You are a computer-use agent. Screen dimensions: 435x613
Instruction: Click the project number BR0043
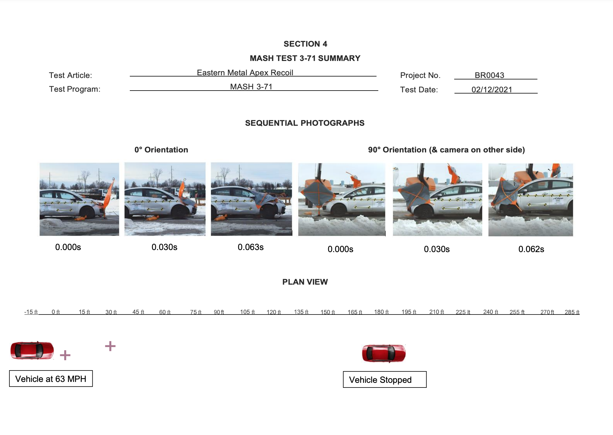click(489, 75)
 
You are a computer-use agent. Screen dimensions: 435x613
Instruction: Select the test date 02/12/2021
click(491, 90)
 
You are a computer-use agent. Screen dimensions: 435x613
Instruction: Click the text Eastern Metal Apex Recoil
click(245, 73)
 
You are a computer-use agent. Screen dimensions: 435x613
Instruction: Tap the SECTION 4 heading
click(305, 44)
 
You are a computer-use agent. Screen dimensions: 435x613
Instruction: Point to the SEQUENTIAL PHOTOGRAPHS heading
click(304, 123)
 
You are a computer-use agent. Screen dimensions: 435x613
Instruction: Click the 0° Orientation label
click(161, 150)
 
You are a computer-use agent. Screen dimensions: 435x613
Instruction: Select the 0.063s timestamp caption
click(251, 247)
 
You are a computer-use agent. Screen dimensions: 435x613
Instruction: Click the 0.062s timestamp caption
click(531, 249)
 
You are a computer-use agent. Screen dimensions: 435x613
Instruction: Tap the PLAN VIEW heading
click(305, 282)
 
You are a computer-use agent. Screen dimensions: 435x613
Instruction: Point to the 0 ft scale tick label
click(56, 312)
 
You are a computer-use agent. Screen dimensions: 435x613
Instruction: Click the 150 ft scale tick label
click(327, 312)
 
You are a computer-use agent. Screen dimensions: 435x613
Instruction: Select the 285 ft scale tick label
click(572, 312)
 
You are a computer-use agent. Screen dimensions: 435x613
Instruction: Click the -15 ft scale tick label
click(31, 312)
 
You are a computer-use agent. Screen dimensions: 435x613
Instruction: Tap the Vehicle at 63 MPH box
click(51, 379)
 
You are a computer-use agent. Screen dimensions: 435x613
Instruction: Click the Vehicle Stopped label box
click(384, 380)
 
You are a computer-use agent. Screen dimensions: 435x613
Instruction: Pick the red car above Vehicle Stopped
click(384, 353)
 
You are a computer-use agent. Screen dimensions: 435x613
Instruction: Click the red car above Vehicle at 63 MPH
click(32, 350)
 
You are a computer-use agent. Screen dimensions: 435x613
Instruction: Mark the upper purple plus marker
click(110, 346)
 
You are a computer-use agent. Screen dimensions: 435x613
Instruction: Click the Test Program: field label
click(74, 89)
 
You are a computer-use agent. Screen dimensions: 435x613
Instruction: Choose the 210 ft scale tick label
click(436, 312)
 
